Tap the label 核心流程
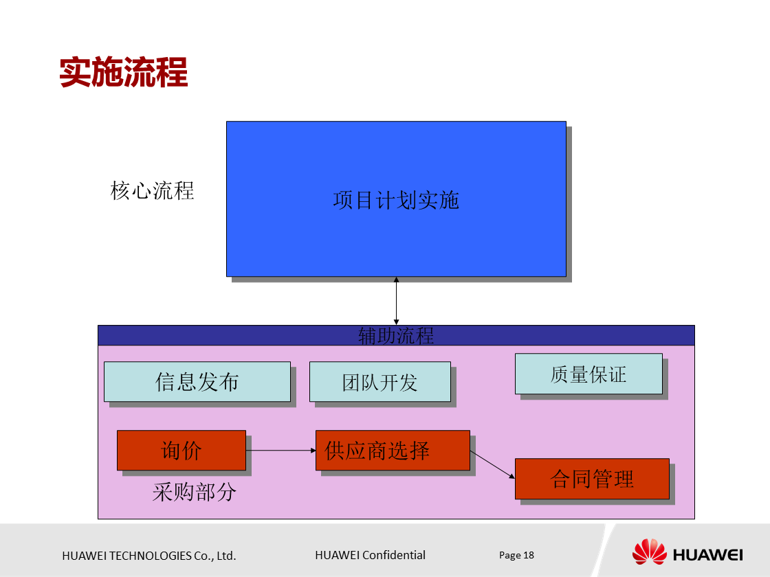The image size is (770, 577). click(x=152, y=190)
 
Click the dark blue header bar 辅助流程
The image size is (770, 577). click(x=396, y=335)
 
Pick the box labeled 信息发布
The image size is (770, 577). click(x=197, y=381)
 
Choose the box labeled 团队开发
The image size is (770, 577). click(x=379, y=382)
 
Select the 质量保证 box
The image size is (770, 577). click(x=588, y=374)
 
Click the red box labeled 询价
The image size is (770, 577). click(x=181, y=450)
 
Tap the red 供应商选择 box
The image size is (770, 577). click(x=392, y=450)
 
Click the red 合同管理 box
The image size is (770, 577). click(x=591, y=478)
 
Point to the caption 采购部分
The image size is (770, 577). click(x=195, y=492)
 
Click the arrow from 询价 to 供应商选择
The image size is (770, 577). click(x=280, y=451)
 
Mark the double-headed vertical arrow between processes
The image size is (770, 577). click(x=396, y=301)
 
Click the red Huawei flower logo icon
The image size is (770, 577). click(x=649, y=553)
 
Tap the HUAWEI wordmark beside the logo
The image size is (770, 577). click(x=707, y=554)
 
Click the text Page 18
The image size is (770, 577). click(x=516, y=555)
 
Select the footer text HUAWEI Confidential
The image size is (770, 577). click(x=370, y=555)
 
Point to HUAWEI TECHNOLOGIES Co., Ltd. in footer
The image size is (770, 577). click(x=149, y=556)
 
